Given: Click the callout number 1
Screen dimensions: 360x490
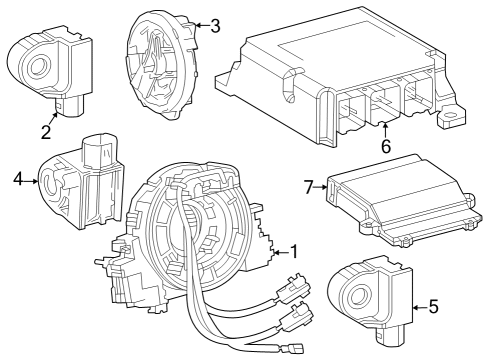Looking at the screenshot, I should coord(293,251).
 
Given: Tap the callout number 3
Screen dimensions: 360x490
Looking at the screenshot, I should coord(215,26).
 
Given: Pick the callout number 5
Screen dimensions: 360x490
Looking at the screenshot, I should coord(433,306).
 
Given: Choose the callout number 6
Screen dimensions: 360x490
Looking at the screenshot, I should coord(385,146).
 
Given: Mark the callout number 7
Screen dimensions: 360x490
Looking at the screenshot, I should coord(309,186).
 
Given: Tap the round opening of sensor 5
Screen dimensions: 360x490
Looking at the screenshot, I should coord(355,294).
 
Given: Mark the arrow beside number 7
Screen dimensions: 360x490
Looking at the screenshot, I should coord(324,186).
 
